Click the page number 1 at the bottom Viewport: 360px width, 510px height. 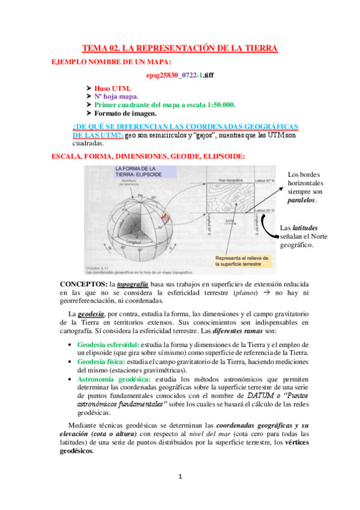coord(180,477)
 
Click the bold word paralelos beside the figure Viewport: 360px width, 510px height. coord(302,200)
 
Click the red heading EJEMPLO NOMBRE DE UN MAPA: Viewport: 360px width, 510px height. coord(111,61)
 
